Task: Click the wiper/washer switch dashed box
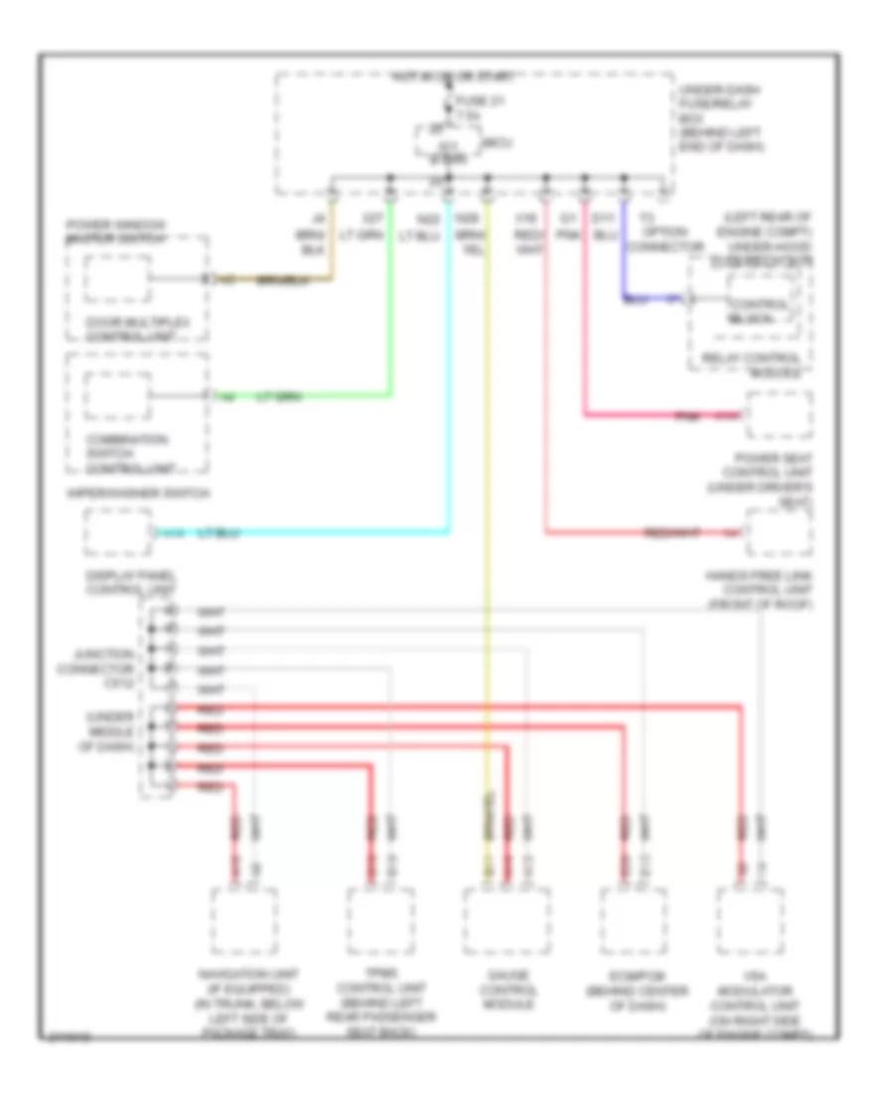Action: click(118, 534)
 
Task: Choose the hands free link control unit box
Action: click(780, 534)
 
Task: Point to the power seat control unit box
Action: click(780, 415)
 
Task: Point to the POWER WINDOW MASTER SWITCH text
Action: click(115, 232)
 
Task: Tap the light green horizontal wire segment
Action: click(298, 396)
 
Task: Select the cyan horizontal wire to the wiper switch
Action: click(298, 534)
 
